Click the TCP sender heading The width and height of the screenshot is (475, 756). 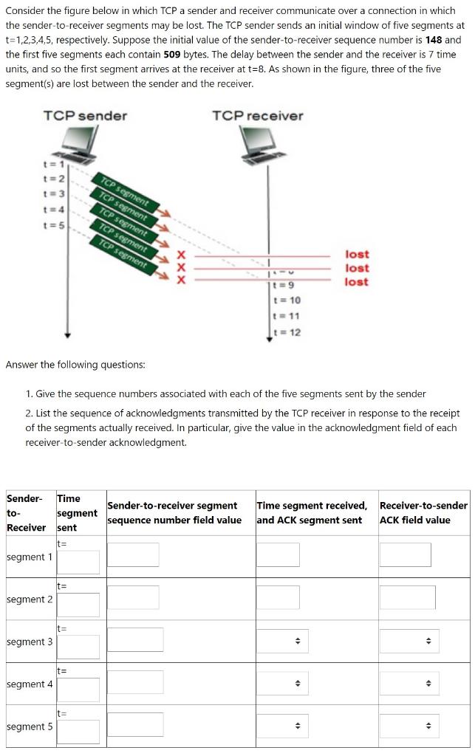coord(85,116)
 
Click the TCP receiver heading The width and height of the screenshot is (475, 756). coord(257,116)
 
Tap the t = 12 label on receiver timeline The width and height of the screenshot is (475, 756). coord(287,332)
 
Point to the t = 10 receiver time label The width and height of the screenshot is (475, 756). coord(287,300)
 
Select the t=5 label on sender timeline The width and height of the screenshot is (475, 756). coord(55,225)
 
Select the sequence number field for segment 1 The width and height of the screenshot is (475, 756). coord(133,555)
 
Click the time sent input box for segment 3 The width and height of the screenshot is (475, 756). coord(78,647)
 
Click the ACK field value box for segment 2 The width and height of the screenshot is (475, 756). coord(407,597)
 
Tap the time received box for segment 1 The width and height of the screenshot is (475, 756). coord(278,555)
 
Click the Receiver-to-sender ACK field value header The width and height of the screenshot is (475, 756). coord(423,512)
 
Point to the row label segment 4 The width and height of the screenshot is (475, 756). coord(30,684)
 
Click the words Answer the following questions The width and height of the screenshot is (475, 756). coord(75,365)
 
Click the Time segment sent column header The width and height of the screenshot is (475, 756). coord(77,512)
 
